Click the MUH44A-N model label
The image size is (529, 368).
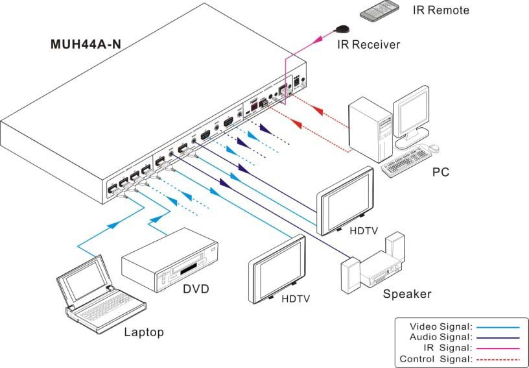86,45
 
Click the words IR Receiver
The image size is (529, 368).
368,45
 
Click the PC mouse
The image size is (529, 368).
433,149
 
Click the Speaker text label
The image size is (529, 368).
406,294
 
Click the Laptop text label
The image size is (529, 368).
144,332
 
